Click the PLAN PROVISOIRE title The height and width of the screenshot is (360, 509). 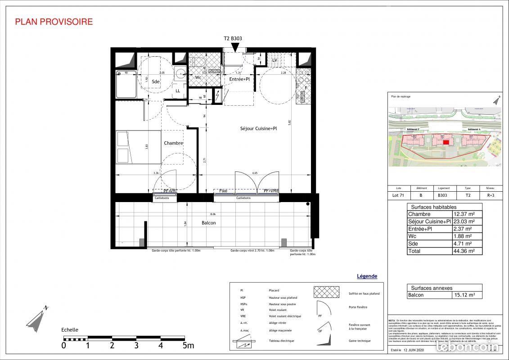54,22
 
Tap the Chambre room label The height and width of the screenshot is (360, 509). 173,143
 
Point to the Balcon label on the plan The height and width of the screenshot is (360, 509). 208,223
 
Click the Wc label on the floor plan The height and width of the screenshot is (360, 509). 198,77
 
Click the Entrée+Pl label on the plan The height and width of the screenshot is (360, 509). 239,79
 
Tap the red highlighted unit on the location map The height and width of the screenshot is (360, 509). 446,143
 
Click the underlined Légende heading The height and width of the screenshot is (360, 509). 367,276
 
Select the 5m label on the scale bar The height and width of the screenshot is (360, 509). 188,346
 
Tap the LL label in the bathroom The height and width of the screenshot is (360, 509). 178,91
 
